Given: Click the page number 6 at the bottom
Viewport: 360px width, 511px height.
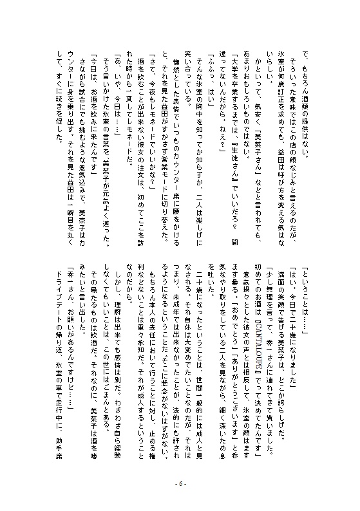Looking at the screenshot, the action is point(180,485).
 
